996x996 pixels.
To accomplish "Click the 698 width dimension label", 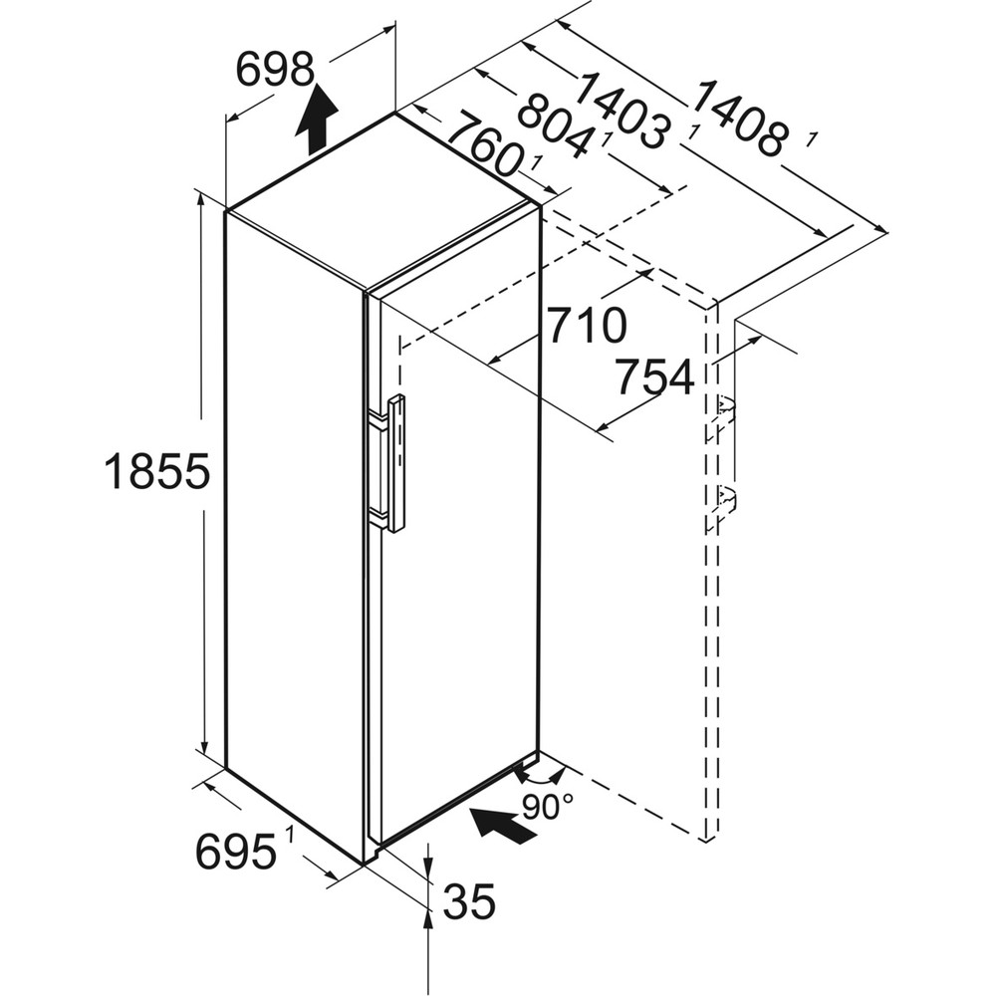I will (276, 69).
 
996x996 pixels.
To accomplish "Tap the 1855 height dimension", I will (157, 471).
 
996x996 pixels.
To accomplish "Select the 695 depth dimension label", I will (235, 852).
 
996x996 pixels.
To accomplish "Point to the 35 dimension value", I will (468, 902).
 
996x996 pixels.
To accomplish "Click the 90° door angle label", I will (548, 806).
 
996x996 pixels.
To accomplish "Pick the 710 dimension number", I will (586, 326).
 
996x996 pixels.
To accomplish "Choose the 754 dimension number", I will (653, 378).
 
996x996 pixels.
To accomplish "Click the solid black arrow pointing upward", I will (316, 118).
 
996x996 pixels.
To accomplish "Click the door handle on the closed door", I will (395, 462).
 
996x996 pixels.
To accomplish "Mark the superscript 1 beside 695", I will (289, 835).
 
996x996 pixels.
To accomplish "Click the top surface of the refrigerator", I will (376, 199).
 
